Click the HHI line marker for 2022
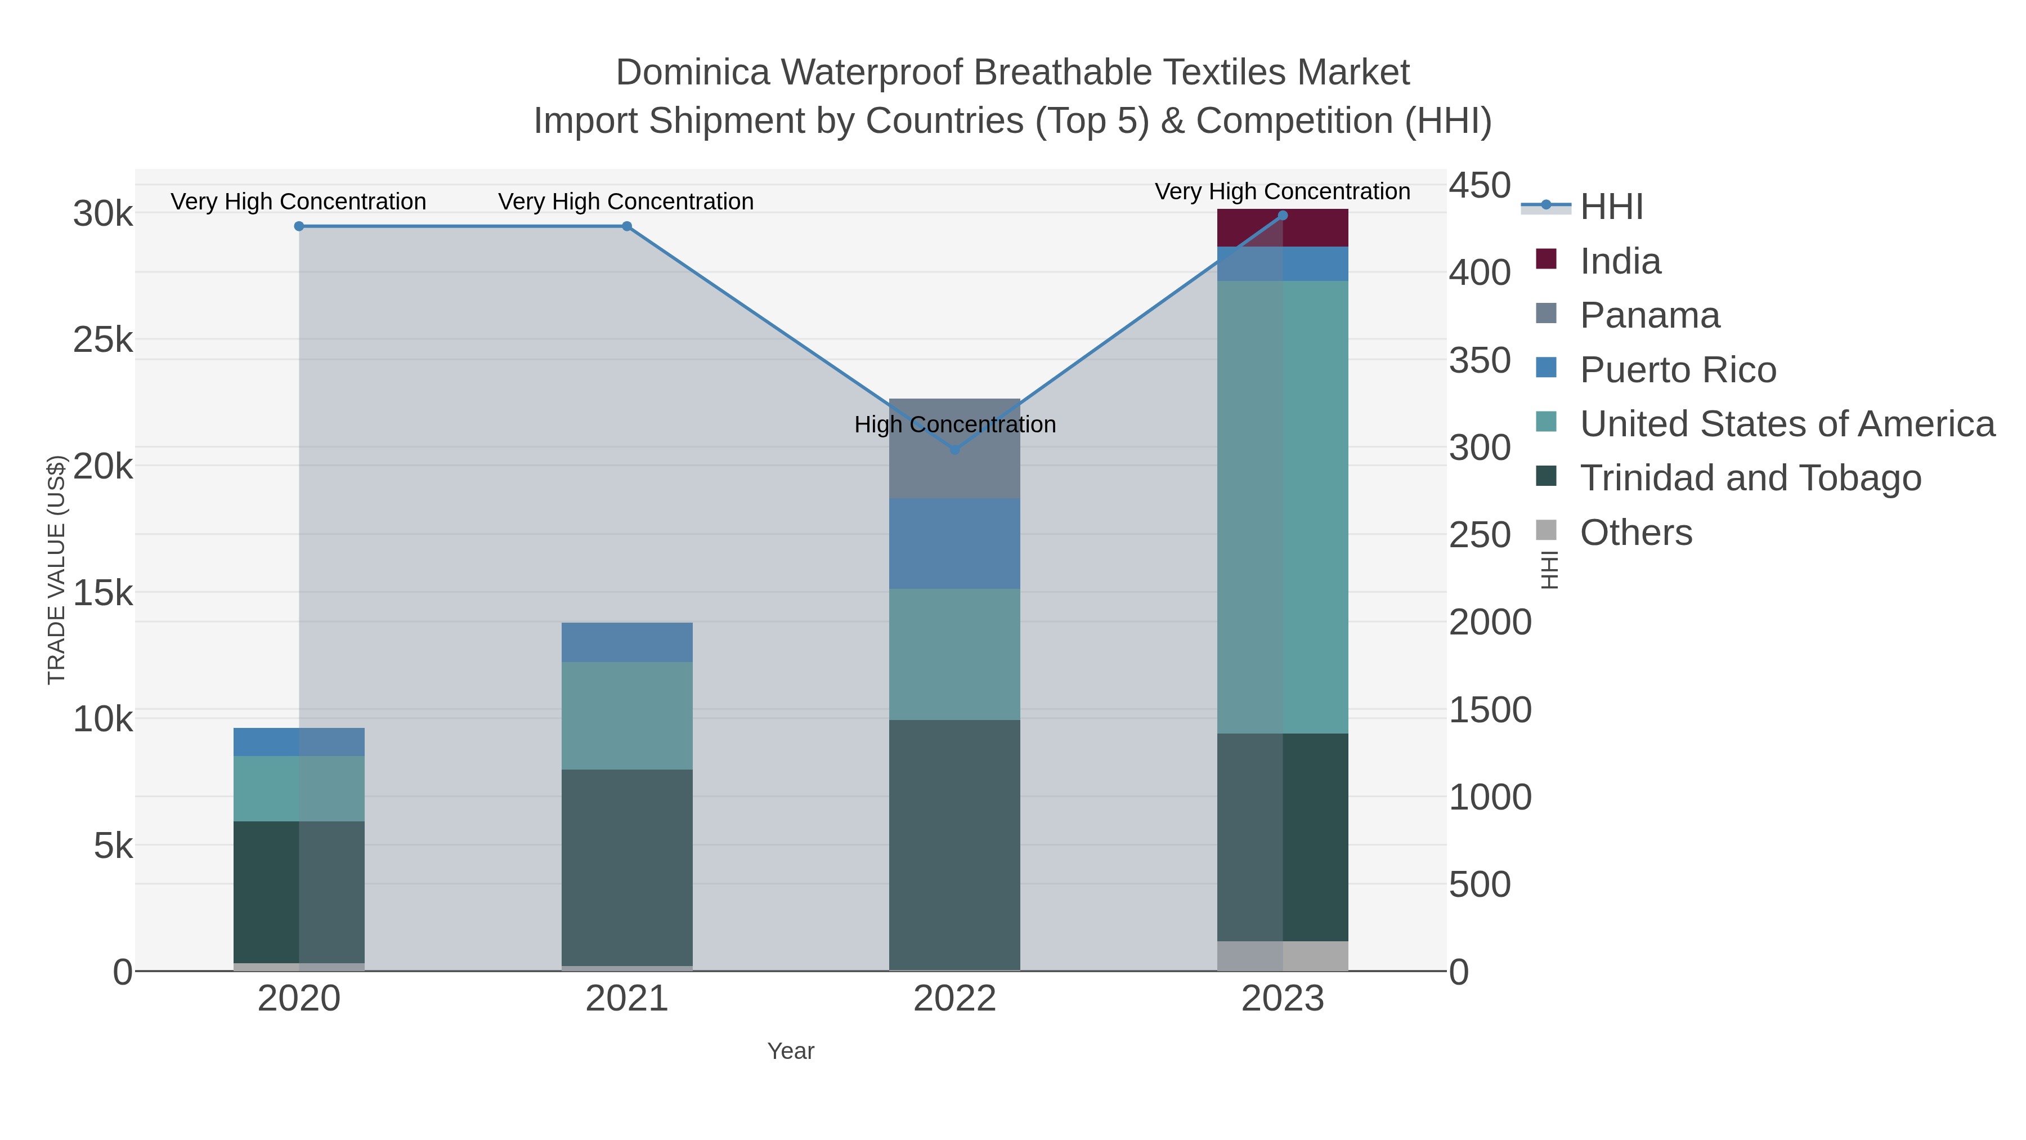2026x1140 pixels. (955, 450)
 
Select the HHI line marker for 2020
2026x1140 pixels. (299, 226)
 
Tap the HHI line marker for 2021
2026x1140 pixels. (627, 226)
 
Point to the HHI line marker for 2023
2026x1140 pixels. (1283, 216)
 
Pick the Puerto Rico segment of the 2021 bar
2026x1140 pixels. (627, 642)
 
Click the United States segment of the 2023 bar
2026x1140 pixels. (1283, 507)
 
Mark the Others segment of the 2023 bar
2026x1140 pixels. (1283, 956)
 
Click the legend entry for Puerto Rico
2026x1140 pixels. (1677, 370)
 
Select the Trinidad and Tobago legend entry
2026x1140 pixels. (1750, 479)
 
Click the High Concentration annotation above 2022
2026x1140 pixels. (955, 425)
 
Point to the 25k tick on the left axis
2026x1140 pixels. (103, 341)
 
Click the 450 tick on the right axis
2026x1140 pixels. (1480, 186)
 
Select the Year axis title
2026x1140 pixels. (791, 1051)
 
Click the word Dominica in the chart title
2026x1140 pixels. (692, 73)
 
